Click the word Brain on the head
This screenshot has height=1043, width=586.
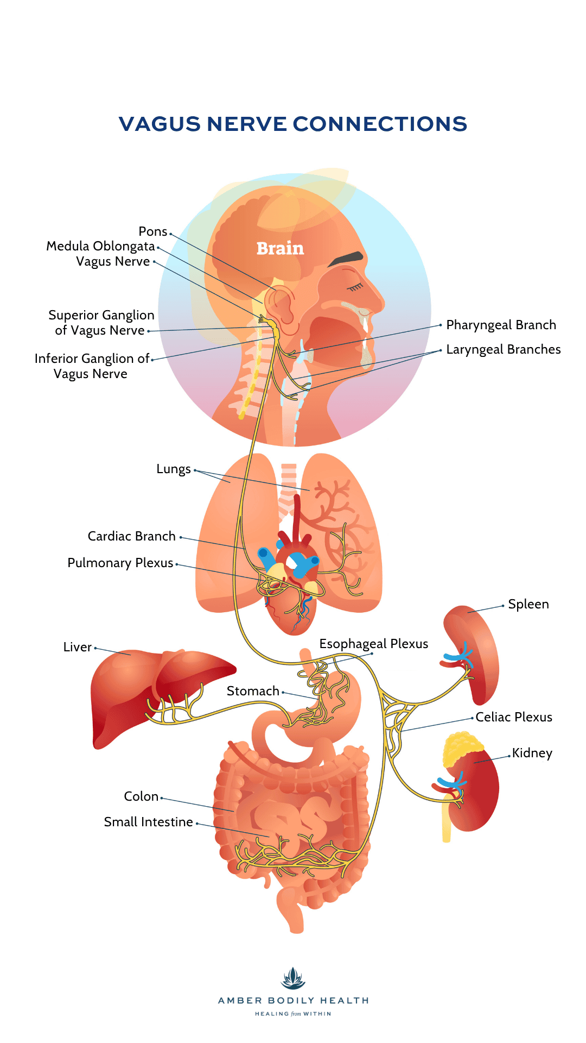tap(280, 248)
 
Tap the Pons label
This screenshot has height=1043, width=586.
tap(153, 231)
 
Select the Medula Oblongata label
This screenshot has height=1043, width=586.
tap(100, 246)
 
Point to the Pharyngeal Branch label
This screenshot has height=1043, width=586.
tap(501, 325)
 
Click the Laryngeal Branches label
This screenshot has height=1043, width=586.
tap(503, 349)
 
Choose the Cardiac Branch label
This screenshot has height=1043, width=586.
tap(131, 536)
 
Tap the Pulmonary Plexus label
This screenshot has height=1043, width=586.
tap(120, 563)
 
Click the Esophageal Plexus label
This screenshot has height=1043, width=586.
tap(373, 644)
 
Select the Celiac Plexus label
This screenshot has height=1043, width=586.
tap(513, 717)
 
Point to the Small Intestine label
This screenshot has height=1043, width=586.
tap(148, 822)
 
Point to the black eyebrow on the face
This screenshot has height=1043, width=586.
tap(346, 259)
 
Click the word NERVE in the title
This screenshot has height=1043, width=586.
tap(246, 124)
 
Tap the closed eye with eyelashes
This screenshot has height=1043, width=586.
tap(355, 286)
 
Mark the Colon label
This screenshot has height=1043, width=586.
tap(141, 796)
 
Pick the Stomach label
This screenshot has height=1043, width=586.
tap(253, 691)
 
